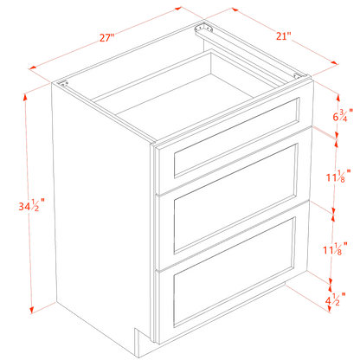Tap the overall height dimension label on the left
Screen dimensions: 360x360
point(35,205)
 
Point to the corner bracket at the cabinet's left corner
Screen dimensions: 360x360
point(63,85)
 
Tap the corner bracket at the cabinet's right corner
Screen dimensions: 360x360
point(299,75)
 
